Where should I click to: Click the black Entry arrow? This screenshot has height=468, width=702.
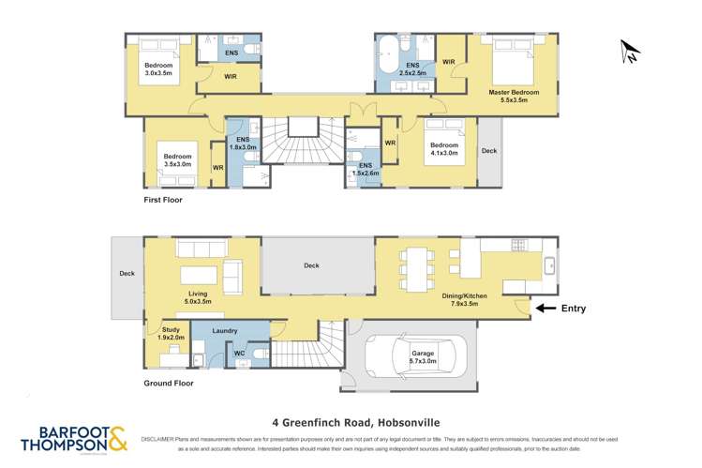coord(545,308)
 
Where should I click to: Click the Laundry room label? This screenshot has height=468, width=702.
coord(224,330)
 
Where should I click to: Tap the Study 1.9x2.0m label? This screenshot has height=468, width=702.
coord(171,334)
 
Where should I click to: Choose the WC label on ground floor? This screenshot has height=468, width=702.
coord(238,354)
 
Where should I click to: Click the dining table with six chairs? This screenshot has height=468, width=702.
coord(418,267)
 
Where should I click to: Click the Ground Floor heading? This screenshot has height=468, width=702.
coord(170,384)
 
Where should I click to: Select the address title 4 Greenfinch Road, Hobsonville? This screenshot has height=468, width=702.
coord(351,422)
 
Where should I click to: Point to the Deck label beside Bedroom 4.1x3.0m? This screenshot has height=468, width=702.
coord(489,150)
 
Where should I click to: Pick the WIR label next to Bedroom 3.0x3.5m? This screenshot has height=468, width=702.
coord(230,77)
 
